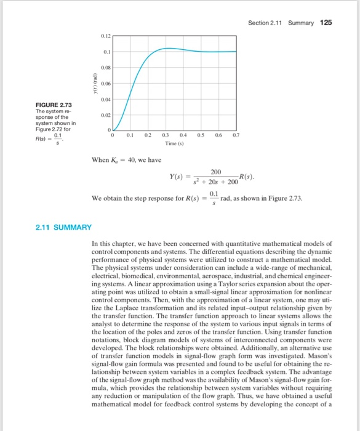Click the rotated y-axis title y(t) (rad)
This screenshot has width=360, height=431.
click(x=94, y=83)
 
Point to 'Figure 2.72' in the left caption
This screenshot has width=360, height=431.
click(x=47, y=131)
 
